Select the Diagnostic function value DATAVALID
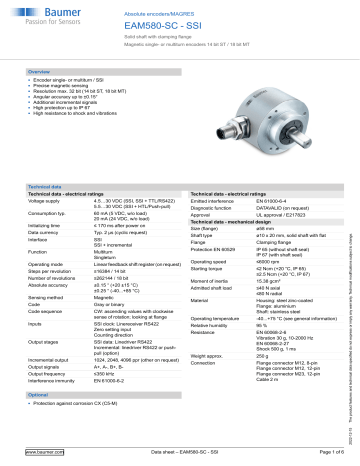click(x=284, y=153)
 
